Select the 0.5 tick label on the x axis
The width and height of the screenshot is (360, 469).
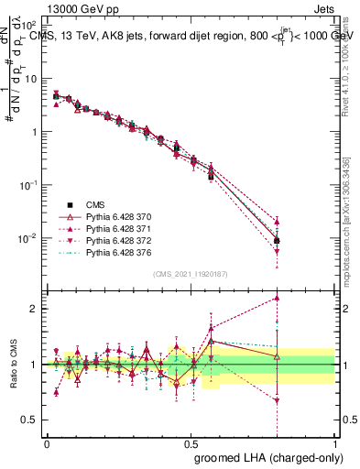click(191, 441)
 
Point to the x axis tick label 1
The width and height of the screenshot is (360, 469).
click(334, 441)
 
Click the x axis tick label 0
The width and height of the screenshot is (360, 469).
click(47, 441)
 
